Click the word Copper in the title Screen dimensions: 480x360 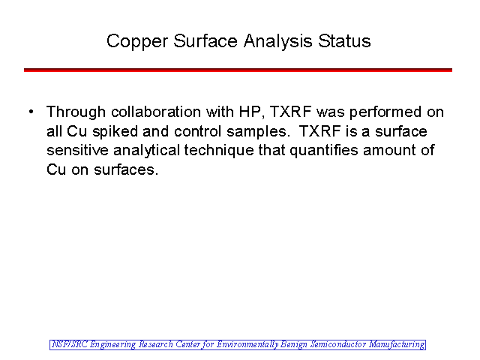[137, 42]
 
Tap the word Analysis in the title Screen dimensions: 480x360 [278, 42]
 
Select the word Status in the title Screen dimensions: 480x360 [344, 41]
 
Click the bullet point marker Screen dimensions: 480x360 [31, 112]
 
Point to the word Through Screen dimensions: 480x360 [76, 112]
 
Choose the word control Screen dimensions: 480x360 [197, 131]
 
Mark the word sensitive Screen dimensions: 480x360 [77, 150]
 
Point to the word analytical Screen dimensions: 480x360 [147, 151]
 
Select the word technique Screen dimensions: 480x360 [219, 151]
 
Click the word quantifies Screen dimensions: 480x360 [324, 151]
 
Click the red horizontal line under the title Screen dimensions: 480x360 [238, 70]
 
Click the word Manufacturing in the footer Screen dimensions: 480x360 [397, 345]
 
